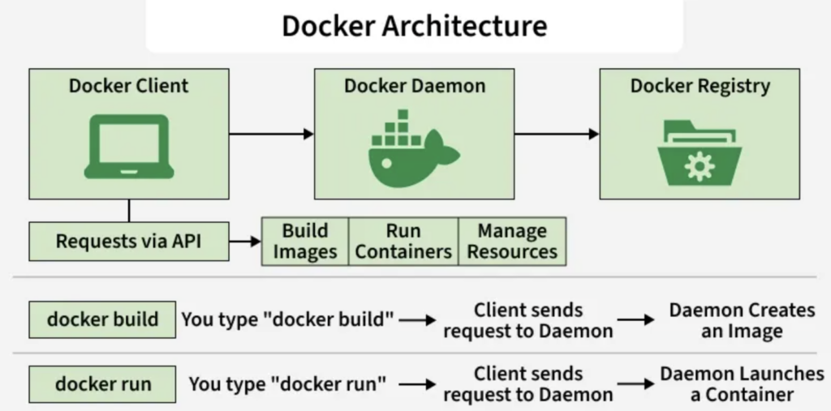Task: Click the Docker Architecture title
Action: tap(414, 25)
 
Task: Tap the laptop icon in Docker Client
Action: tap(128, 146)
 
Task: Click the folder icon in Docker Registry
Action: tap(699, 152)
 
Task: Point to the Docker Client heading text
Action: tap(128, 86)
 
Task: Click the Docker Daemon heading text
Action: tap(414, 86)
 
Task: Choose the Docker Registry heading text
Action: tap(700, 86)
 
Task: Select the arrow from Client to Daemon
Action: tap(271, 133)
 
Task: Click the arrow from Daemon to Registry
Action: tap(557, 133)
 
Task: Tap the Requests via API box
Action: tap(129, 241)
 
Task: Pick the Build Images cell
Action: tap(304, 241)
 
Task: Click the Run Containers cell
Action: tap(403, 241)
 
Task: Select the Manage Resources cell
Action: tap(512, 241)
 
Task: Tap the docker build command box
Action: tap(102, 319)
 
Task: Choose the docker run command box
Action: tap(102, 383)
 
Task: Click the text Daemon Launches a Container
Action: tap(742, 383)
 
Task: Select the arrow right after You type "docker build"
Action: tap(417, 320)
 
